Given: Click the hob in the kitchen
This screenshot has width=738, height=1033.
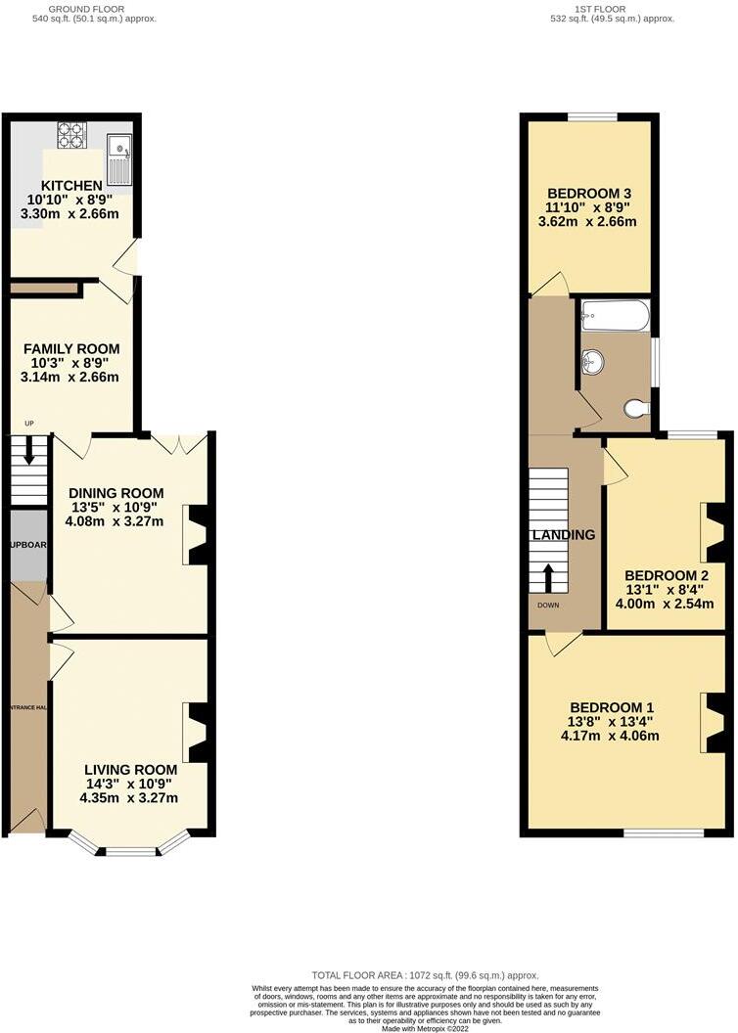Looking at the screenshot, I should click(72, 135).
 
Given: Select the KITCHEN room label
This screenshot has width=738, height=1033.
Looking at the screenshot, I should click(71, 186).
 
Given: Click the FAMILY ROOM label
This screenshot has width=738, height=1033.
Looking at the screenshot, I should click(71, 348).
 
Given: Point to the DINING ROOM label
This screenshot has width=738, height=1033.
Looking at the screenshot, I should click(116, 492).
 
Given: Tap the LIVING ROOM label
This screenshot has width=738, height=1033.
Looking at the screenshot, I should click(130, 769).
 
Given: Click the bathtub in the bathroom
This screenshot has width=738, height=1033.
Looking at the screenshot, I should click(616, 315).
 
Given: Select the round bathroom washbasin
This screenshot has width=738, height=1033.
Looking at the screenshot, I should click(592, 362).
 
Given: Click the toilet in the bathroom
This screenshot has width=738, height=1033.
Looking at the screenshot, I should click(637, 407).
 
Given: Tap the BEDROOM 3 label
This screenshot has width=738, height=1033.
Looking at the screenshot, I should click(588, 193).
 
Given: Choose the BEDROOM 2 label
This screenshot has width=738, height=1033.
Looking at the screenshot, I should click(666, 574).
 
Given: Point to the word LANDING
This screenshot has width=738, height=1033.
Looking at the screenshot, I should click(563, 535).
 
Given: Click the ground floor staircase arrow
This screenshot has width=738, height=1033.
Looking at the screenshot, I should click(29, 454).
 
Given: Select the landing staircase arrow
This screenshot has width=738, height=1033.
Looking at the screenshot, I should click(548, 576).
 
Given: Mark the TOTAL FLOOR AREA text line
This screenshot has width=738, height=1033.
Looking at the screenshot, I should click(425, 975).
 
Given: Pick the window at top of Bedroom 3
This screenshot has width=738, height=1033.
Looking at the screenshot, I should click(591, 117).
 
